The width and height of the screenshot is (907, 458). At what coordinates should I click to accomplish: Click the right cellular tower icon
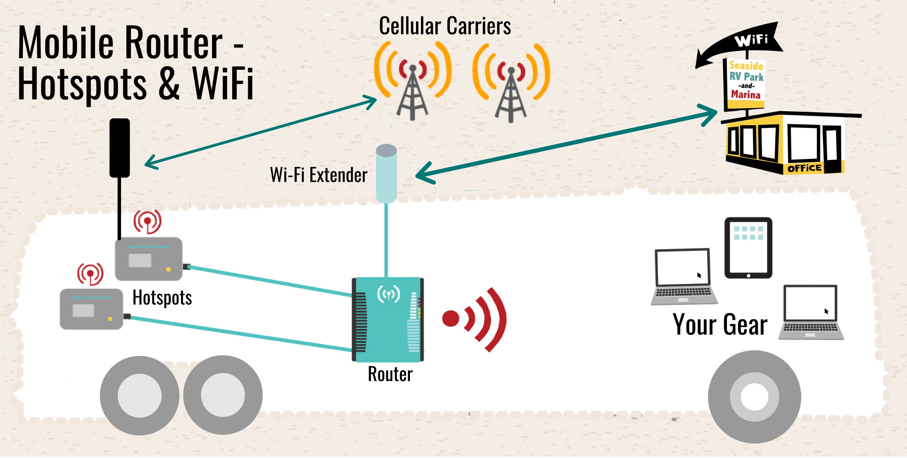511,84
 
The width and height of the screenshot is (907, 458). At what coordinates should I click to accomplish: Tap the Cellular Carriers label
445,26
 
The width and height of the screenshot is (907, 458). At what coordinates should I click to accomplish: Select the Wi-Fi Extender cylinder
386,173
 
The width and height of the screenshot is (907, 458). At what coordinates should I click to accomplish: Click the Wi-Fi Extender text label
319,175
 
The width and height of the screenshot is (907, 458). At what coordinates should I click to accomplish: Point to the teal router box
388,320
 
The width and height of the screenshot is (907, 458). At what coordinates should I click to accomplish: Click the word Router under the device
390,374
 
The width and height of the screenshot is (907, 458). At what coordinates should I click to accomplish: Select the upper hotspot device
149,259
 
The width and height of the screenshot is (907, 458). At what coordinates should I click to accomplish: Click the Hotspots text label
162,298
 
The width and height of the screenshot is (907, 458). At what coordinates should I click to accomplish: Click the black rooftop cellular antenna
120,148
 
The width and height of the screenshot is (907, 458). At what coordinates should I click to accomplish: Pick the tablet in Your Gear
748,247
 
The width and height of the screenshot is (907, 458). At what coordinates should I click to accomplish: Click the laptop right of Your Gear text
811,312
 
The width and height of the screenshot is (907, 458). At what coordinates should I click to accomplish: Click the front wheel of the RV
754,397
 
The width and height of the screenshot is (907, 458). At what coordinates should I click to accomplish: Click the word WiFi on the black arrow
751,40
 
